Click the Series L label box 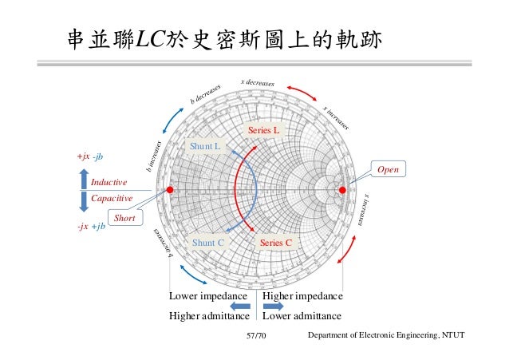[263, 129]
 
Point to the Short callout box [123, 217]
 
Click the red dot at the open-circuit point [343, 190]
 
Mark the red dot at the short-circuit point [170, 190]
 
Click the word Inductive [109, 183]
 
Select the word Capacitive [112, 198]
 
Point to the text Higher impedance [302, 297]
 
